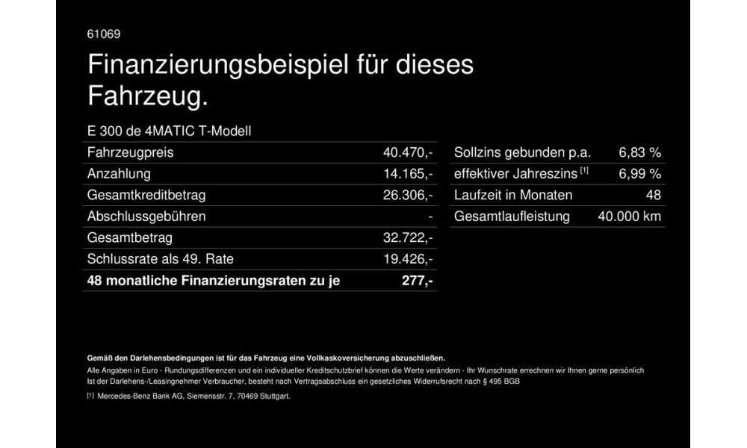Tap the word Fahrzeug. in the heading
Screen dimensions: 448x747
[x=146, y=96]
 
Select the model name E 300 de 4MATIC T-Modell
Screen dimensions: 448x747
[x=170, y=131]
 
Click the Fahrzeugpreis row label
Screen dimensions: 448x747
[x=131, y=153]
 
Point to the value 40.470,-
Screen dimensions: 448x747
[x=408, y=153]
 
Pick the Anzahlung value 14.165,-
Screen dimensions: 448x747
[x=408, y=174]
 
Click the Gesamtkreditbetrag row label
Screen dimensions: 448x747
[x=146, y=196]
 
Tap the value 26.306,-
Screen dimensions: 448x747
[x=408, y=196]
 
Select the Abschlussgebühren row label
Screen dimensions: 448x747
[x=146, y=217]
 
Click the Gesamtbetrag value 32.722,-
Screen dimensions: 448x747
[x=408, y=238]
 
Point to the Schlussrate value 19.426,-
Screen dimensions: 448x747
[x=408, y=259]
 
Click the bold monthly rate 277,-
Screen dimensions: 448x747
[x=418, y=281]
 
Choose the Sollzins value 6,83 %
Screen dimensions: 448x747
[x=640, y=153]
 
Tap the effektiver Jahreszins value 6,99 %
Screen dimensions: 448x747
[x=640, y=174]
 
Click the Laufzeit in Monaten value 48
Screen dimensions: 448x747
[x=653, y=196]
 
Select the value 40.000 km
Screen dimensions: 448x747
[x=630, y=217]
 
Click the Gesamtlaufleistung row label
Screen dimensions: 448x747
[x=512, y=217]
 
